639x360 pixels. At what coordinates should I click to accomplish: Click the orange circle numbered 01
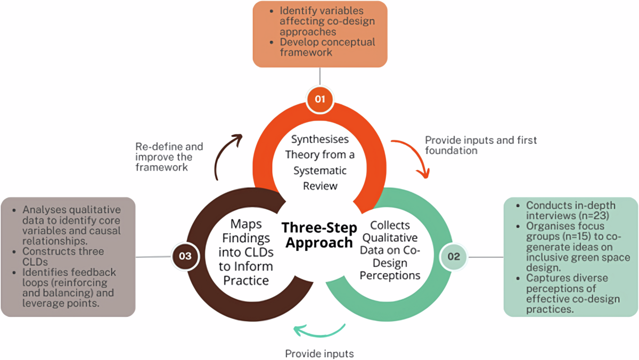point(319,100)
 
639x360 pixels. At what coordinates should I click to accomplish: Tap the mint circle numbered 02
point(454,256)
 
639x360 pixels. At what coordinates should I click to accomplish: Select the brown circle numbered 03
point(185,256)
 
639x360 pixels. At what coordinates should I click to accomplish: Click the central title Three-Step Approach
point(317,235)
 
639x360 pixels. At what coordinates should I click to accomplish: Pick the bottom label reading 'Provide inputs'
point(319,353)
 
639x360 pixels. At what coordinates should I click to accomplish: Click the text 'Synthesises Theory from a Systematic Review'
point(319,162)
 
